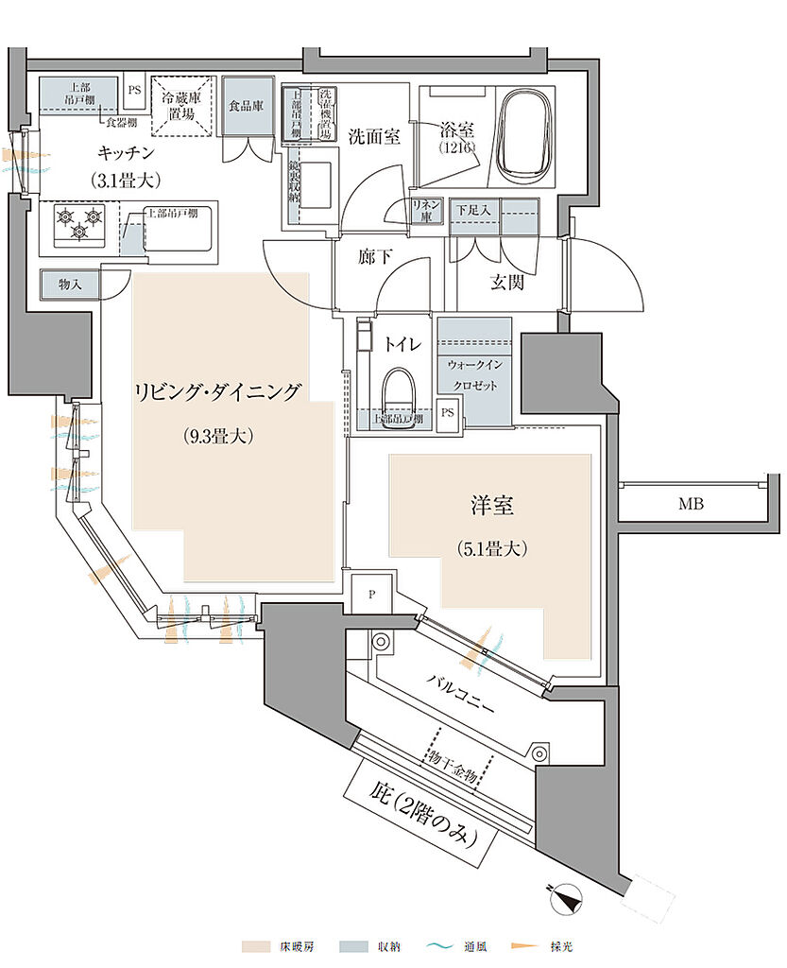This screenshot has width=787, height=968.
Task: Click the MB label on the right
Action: point(691,504)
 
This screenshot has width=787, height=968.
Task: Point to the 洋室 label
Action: point(492,507)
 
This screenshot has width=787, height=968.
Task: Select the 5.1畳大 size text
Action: point(491,547)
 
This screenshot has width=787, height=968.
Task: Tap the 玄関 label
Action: point(507,282)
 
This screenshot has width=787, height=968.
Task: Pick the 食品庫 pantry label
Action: point(245,106)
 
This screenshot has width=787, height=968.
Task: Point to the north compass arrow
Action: point(568,895)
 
